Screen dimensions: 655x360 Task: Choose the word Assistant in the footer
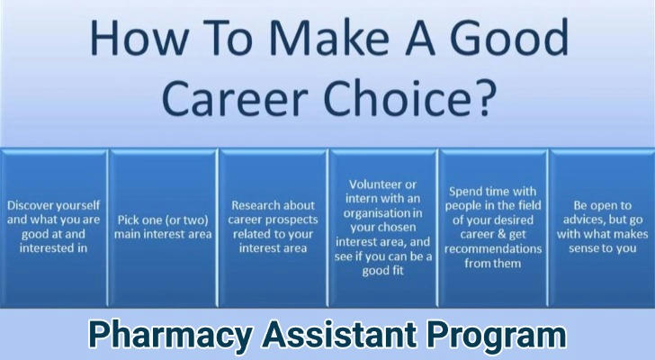[x=339, y=334]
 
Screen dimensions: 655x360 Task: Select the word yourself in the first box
[x=78, y=206]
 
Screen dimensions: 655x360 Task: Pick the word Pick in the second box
[x=128, y=220]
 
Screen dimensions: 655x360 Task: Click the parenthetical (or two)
[x=184, y=220]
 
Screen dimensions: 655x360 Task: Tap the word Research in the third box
[x=255, y=205]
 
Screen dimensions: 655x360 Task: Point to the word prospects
[x=292, y=220]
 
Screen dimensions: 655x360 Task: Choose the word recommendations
[x=493, y=249]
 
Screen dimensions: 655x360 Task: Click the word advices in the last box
[x=582, y=220]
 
